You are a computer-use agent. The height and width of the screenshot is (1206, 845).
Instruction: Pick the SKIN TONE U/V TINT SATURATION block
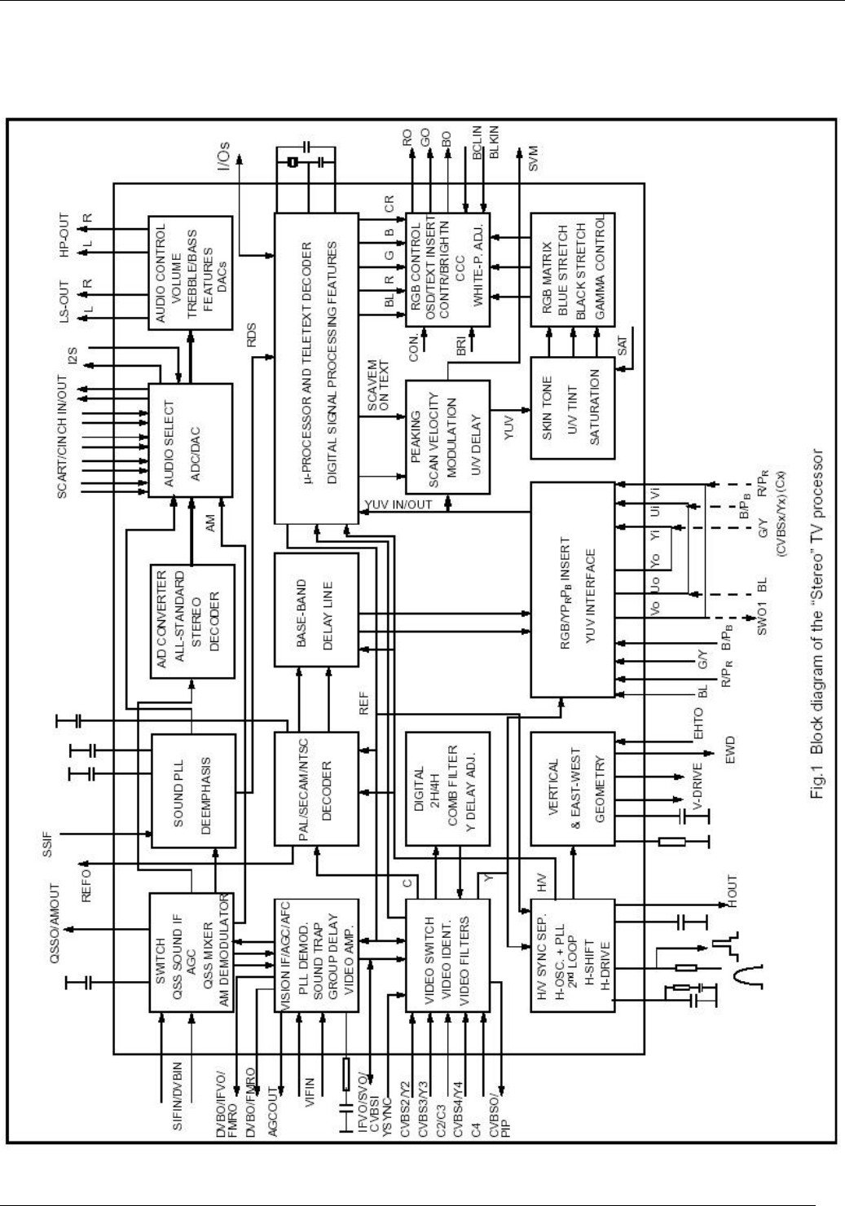[572, 407]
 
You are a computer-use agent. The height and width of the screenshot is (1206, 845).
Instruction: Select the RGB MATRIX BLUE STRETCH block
[572, 269]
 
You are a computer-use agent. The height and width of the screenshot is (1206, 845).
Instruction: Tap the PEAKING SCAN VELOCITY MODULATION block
[447, 438]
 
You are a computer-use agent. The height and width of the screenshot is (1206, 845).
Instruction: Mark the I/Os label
[225, 151]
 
